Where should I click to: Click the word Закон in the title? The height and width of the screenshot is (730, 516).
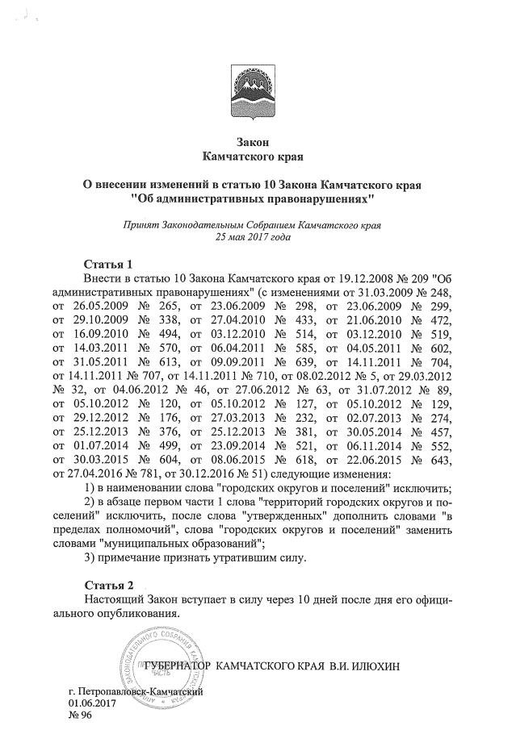pos(254,142)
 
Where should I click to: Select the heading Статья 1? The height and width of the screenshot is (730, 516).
pos(108,263)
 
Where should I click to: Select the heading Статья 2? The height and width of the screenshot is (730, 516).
pos(108,583)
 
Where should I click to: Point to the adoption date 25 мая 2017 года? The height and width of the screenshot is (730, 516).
pos(254,237)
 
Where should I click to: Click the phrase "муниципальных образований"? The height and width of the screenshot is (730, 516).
pos(177,544)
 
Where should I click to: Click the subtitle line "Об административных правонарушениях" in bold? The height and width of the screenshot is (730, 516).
pos(254,197)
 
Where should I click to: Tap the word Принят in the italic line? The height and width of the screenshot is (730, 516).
pos(142,225)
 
